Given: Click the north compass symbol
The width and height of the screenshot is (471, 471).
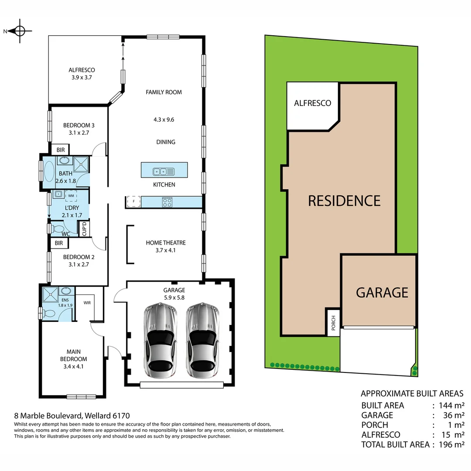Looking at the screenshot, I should (x=20, y=31).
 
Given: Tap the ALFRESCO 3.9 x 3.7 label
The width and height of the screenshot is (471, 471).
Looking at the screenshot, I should (x=82, y=74).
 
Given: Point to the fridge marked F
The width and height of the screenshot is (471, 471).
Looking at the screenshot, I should (x=133, y=202).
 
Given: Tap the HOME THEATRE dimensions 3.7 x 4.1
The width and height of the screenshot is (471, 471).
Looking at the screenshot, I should (x=166, y=250).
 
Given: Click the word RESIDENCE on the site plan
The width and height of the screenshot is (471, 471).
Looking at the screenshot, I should (x=344, y=201).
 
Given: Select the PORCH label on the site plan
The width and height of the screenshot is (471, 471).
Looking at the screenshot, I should (x=333, y=322).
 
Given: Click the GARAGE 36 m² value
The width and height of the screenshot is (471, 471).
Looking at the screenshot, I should (x=454, y=415).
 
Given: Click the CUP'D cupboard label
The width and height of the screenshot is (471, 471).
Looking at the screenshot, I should (x=84, y=229).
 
